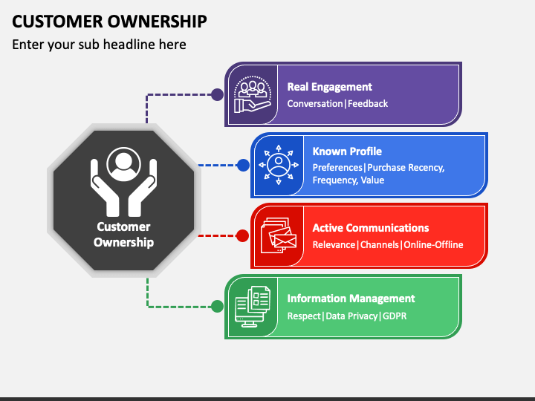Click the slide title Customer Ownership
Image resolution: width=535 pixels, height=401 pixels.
click(x=109, y=21)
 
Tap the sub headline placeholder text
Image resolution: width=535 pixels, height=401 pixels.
click(x=99, y=45)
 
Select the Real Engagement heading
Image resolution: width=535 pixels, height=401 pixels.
click(x=330, y=87)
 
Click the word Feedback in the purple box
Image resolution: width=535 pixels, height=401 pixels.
click(x=368, y=103)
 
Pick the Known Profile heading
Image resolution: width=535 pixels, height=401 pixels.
click(x=347, y=151)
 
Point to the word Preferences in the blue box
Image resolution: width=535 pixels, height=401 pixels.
click(x=337, y=167)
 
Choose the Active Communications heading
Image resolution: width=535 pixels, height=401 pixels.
click(x=371, y=228)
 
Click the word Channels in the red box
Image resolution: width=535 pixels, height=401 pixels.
click(x=380, y=244)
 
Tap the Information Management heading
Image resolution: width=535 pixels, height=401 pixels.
click(x=351, y=299)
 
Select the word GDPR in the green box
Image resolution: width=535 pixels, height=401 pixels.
click(x=395, y=316)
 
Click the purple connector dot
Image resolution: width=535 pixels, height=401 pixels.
click(x=217, y=94)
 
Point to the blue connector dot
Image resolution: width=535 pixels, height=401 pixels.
click(x=243, y=165)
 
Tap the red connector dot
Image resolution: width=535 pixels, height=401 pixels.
click(x=242, y=235)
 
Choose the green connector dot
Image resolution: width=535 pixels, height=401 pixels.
click(x=217, y=306)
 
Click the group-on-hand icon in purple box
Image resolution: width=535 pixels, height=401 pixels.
click(x=253, y=94)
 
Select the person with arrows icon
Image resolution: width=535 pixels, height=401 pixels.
click(x=279, y=165)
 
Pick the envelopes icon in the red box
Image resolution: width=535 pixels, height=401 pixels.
click(x=279, y=235)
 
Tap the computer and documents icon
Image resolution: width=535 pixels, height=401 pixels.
click(x=253, y=307)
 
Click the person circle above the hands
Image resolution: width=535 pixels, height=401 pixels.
click(x=123, y=164)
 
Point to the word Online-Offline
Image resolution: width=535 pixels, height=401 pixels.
click(x=433, y=244)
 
